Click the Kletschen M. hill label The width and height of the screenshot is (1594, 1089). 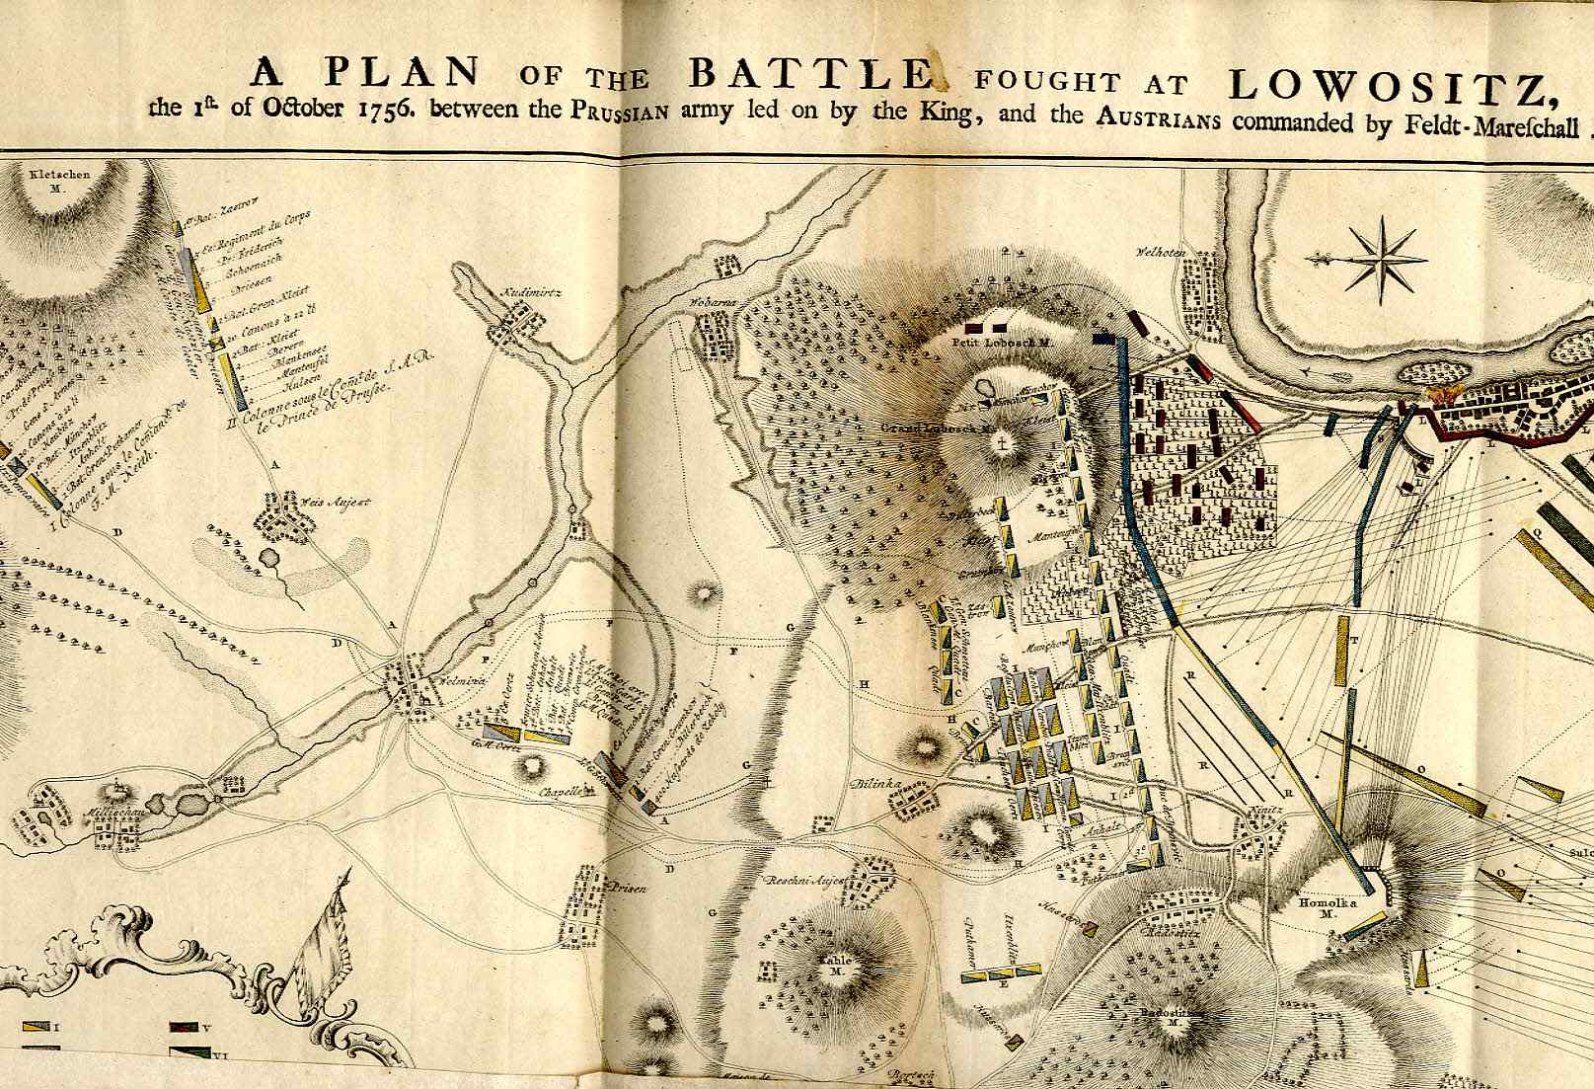(59, 179)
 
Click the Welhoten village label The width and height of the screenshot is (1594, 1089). (1160, 252)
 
